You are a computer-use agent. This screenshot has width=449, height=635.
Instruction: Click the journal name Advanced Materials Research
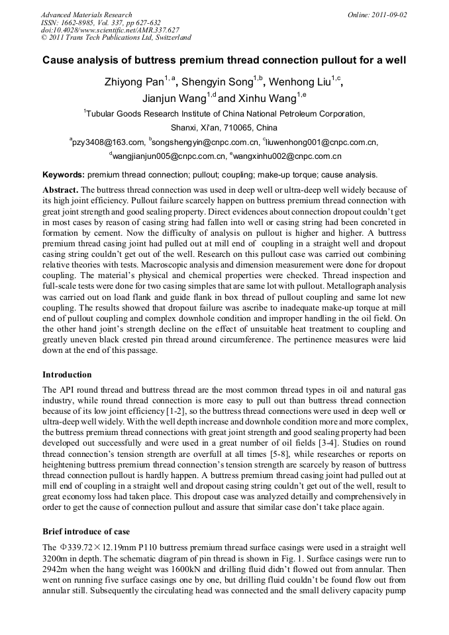click(86, 15)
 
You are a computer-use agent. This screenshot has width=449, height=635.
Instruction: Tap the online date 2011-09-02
click(387, 15)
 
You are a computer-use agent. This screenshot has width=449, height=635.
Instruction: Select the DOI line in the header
click(110, 30)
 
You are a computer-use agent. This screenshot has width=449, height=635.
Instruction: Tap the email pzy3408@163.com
click(109, 142)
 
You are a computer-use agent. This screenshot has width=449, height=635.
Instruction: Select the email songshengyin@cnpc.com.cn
click(206, 142)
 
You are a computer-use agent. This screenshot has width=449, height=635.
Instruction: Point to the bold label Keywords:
click(64, 175)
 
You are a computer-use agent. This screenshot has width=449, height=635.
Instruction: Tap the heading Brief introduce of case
click(86, 532)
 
